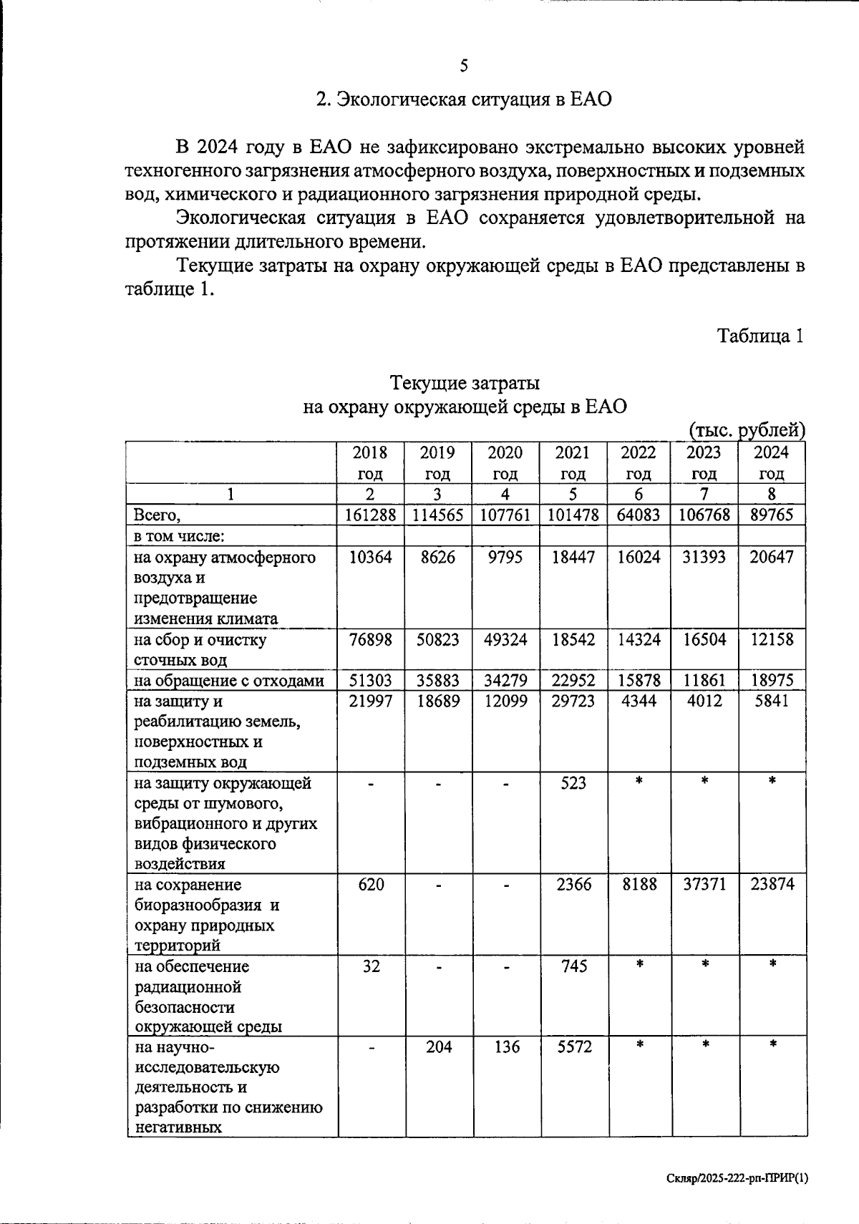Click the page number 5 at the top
click(464, 67)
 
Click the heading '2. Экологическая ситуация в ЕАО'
click(464, 99)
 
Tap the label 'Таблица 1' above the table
click(760, 336)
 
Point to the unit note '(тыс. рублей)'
click(747, 430)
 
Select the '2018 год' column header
click(370, 462)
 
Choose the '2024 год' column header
click(772, 462)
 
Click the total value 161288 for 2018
click(370, 515)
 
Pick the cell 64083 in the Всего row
click(639, 515)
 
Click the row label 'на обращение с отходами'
click(229, 681)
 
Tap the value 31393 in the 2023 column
click(704, 557)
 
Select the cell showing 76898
click(370, 639)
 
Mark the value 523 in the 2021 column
click(573, 783)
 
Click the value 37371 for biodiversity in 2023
click(704, 885)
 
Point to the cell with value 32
click(370, 966)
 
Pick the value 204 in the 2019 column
click(438, 1047)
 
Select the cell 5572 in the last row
click(573, 1047)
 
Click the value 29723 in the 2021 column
click(573, 701)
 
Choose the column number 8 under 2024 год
click(772, 494)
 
